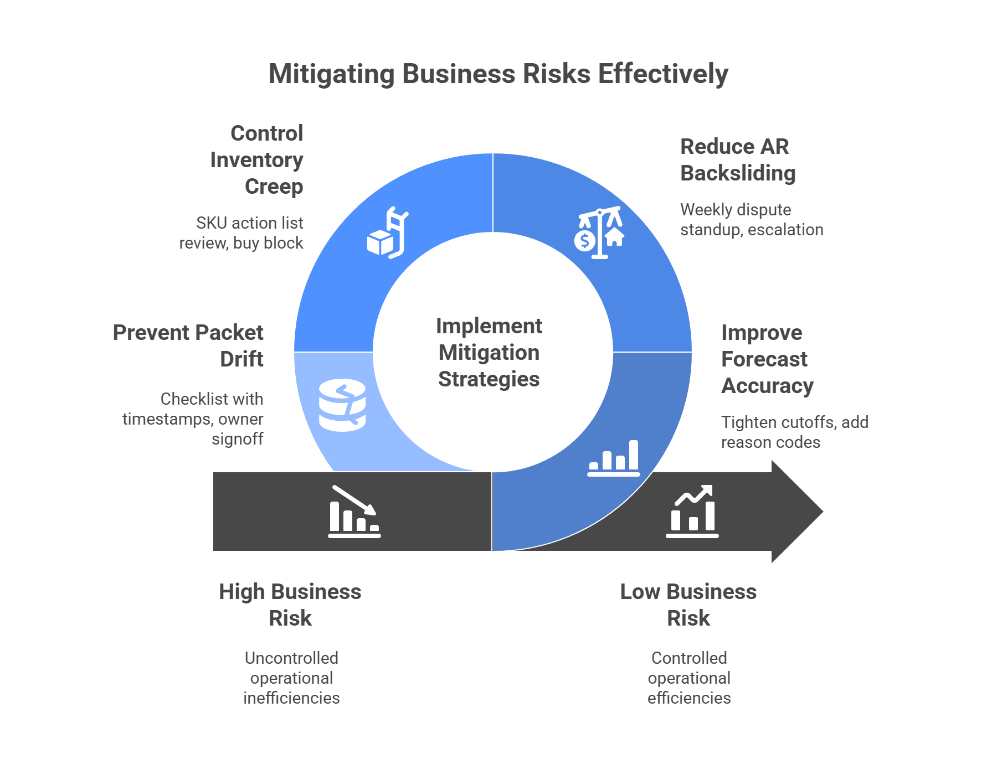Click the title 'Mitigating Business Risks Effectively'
498,74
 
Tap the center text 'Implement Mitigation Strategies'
489,353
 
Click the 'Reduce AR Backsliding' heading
737,160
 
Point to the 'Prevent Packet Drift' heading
188,345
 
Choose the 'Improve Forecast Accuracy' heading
767,359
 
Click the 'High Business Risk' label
290,605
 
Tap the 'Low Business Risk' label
688,605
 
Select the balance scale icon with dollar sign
599,233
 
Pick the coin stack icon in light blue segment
342,405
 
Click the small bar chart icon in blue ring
614,458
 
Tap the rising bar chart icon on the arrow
692,512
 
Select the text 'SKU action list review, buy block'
241,233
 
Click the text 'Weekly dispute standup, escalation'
751,220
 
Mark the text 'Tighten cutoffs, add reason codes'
794,432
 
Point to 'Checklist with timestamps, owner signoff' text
193,419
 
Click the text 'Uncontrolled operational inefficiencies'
291,678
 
